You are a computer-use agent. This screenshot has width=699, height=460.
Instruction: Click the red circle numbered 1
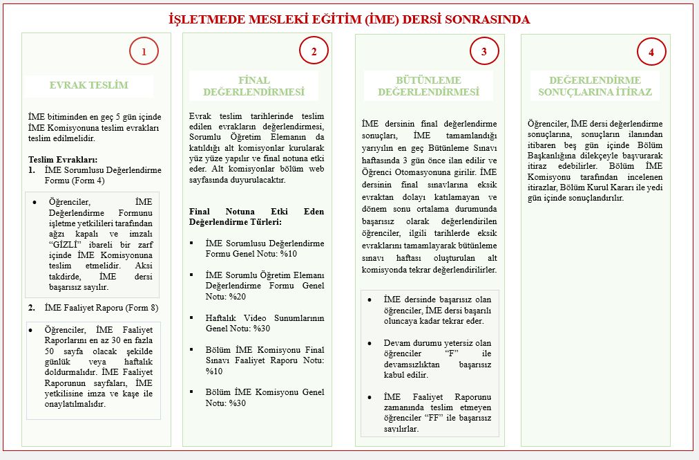(x=144, y=51)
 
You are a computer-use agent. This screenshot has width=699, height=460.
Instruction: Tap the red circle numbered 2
(x=314, y=51)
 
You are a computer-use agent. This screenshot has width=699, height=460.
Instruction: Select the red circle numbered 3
(x=484, y=51)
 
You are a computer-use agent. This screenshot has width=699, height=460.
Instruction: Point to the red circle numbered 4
(x=651, y=51)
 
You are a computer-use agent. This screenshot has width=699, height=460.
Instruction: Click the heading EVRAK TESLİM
(x=89, y=86)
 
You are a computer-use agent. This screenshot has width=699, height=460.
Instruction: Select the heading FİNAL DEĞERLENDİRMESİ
(x=253, y=86)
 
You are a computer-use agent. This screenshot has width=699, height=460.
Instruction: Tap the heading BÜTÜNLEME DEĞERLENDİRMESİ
(x=428, y=86)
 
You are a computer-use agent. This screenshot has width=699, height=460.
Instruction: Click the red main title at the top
(x=349, y=19)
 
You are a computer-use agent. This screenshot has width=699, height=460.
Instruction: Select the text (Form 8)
(x=142, y=308)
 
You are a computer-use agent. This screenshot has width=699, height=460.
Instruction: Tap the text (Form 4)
(x=89, y=180)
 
